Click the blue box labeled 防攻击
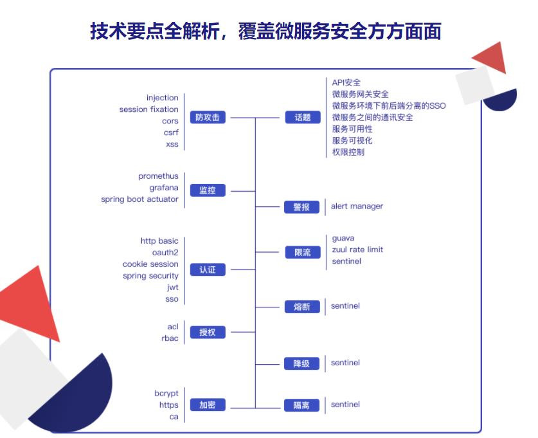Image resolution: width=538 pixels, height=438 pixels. [x=208, y=118]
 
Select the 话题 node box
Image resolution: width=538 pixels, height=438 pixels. [x=302, y=118]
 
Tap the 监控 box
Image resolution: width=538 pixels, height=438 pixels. [x=208, y=190]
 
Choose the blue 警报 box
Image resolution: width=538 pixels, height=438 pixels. [x=302, y=207]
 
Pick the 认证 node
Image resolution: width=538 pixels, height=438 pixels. [x=208, y=270]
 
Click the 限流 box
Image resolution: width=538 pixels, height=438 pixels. [x=302, y=253]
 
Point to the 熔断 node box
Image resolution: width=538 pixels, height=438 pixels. [x=302, y=307]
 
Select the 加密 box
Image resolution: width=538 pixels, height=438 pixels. [x=208, y=405]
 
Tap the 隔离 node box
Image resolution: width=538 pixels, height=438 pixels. [x=302, y=405]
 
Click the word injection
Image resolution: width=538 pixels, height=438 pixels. [x=162, y=98]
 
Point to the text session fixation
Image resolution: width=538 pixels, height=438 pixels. [x=148, y=109]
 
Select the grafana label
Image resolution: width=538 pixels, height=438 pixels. [x=164, y=188]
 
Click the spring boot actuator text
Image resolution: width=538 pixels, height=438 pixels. [x=139, y=199]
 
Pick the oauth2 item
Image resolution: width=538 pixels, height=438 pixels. [x=165, y=253]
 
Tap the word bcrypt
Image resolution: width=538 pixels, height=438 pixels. [x=166, y=393]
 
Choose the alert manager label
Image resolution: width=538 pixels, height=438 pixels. [x=357, y=206]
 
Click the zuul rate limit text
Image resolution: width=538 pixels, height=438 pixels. [x=357, y=250]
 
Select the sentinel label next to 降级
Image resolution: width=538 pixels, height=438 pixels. [x=345, y=363]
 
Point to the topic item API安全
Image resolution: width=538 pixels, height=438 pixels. [x=346, y=82]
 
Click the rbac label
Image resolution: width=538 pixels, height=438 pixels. [x=170, y=338]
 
